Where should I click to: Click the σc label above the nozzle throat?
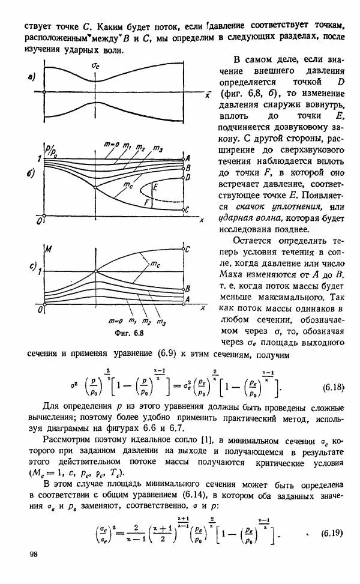click(95, 65)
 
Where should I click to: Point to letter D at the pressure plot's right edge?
click(188, 178)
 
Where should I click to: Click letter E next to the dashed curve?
click(155, 188)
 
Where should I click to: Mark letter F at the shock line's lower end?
click(146, 203)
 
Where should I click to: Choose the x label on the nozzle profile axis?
click(207, 94)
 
